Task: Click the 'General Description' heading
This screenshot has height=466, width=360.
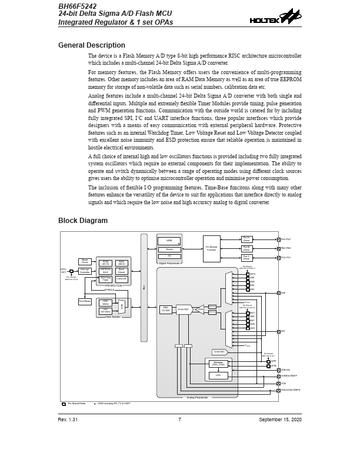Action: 91,45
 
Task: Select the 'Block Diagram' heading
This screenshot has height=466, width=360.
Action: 83,221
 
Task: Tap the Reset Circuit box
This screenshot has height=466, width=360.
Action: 85,261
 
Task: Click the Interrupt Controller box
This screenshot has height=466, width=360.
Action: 85,271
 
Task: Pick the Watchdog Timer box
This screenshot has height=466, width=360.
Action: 105,279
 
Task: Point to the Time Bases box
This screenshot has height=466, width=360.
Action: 85,301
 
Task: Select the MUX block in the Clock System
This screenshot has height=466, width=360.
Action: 122,306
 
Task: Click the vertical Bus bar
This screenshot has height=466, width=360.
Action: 144,287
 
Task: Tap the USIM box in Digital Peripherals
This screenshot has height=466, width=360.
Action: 169,241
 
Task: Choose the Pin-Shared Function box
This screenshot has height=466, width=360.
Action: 212,249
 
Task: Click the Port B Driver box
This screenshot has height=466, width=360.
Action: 246,248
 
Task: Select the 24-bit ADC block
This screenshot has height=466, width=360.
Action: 184,309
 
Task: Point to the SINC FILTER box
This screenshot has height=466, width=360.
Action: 166,309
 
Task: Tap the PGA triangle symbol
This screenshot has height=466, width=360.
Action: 200,309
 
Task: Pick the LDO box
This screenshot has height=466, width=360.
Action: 218,375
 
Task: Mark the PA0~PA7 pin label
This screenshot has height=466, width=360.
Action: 286,239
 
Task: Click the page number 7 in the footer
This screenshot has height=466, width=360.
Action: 179,420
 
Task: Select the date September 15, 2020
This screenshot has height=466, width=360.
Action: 280,420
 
